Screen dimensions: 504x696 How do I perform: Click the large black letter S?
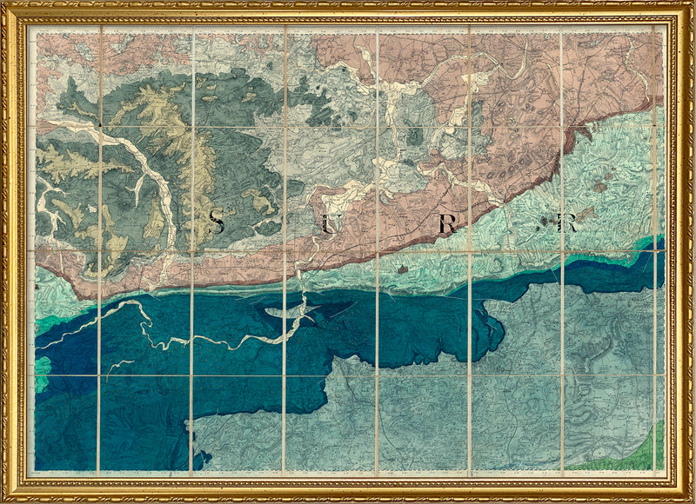(217, 223)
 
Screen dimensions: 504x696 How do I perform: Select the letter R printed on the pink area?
(447, 224)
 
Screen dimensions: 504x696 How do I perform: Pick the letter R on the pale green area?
(569, 223)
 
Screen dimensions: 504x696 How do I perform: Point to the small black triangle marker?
(102, 127)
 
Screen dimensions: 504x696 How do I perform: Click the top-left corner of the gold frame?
(5, 5)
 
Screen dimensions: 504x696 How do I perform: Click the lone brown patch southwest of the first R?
(402, 269)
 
